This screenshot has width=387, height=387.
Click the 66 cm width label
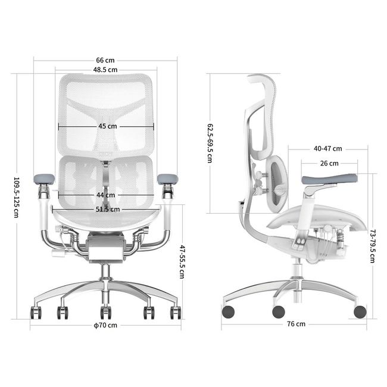click(105, 60)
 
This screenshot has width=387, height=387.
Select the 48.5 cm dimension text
click(105, 70)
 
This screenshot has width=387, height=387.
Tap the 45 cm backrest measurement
click(108, 126)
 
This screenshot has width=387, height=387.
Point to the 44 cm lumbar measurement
click(105, 195)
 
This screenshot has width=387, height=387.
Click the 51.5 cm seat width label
click(108, 210)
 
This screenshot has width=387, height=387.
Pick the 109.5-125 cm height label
click(16, 198)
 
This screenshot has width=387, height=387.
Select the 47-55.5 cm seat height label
click(182, 261)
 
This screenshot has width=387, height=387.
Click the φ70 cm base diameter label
click(105, 325)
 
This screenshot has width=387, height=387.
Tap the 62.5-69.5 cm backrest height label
click(210, 143)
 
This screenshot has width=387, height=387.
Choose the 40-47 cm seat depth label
click(328, 149)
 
